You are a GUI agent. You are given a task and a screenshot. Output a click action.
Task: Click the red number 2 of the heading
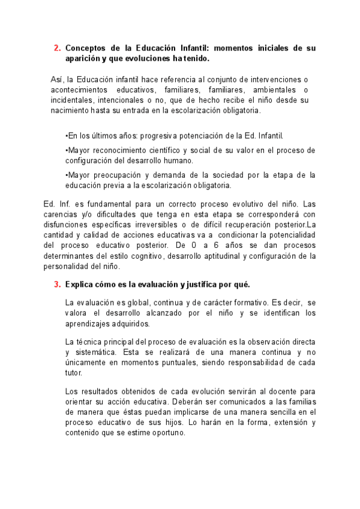tap(56, 47)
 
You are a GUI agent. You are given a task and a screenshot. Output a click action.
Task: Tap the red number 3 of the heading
tap(56, 284)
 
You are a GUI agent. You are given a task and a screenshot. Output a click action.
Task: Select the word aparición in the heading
tap(83, 58)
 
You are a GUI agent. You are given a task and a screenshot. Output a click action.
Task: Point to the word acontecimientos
tap(82, 89)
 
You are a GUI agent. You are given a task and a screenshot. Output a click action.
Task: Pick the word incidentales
tap(73, 100)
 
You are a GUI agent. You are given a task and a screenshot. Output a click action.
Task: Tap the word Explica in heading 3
tap(80, 284)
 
